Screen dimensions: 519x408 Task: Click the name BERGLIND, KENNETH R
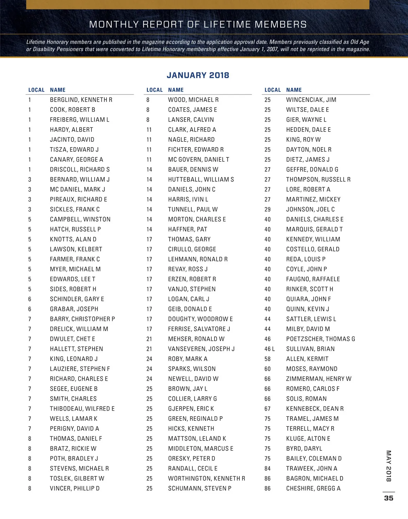[81, 100]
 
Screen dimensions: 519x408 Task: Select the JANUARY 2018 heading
[198, 75]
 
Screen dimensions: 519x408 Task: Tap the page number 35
[389, 498]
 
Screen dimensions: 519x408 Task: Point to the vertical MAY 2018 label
[389, 466]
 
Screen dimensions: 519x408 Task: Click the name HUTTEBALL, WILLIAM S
[201, 179]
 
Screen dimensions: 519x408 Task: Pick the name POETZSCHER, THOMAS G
[320, 339]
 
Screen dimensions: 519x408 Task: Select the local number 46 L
[270, 349]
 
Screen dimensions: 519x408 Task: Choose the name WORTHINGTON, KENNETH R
[206, 479]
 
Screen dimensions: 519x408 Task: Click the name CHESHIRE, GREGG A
[313, 488]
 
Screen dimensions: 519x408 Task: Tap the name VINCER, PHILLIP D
[75, 488]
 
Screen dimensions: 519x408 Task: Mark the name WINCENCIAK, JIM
[311, 100]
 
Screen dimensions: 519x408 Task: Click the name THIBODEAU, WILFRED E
[82, 409]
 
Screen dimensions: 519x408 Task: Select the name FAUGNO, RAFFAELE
[313, 279]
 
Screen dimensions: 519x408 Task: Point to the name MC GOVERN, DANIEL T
[199, 160]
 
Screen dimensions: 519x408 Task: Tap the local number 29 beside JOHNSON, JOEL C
[268, 209]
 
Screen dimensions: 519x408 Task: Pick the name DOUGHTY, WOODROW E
[200, 319]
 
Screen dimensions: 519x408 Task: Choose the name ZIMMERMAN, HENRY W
[319, 379]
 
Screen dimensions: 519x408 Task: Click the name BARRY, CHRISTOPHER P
[82, 319]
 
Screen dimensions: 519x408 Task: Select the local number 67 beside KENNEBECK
[268, 409]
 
